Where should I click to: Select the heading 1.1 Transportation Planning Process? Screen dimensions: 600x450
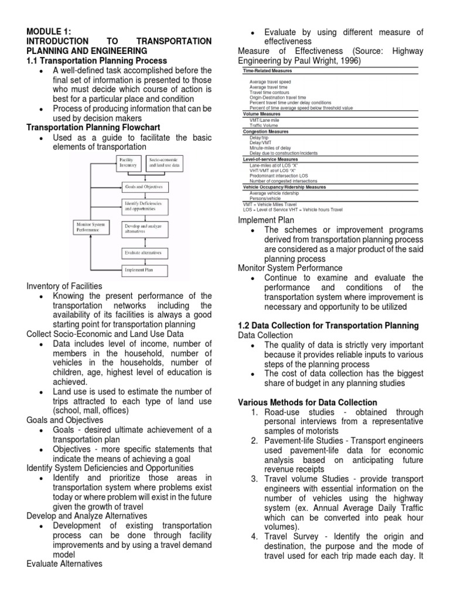[97, 60]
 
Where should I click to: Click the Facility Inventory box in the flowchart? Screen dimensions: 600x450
[130, 162]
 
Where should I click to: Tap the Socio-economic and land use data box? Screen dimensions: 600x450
[166, 162]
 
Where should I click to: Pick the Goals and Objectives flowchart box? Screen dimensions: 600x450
[143, 187]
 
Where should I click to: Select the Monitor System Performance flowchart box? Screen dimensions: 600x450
[91, 227]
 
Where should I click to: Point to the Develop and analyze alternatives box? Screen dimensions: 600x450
[144, 229]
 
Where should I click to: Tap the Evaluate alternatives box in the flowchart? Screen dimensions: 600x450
[145, 253]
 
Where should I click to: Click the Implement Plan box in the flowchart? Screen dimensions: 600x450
[145, 271]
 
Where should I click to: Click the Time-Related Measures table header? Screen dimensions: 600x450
[267, 70]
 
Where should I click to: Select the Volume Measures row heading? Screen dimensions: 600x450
[261, 114]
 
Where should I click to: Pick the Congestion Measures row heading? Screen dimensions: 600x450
[265, 132]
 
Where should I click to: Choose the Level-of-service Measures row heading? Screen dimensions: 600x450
[270, 159]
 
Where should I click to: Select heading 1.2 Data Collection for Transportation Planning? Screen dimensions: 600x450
[328, 325]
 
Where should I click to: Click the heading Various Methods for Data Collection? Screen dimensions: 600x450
[308, 403]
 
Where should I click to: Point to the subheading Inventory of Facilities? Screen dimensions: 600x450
[64, 286]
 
